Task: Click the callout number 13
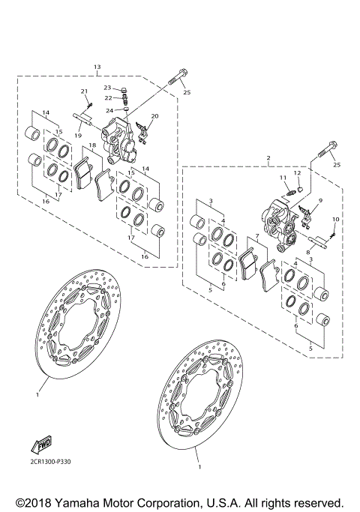[x=97, y=67]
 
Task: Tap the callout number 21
[x=85, y=91]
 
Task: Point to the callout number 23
[x=107, y=88]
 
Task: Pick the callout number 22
[x=107, y=98]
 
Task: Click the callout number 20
[x=155, y=116]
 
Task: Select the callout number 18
[x=92, y=145]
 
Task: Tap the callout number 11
[x=283, y=178]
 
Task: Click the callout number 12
[x=298, y=173]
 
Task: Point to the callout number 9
[x=320, y=200]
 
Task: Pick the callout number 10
[x=335, y=219]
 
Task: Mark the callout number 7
[x=256, y=237]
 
